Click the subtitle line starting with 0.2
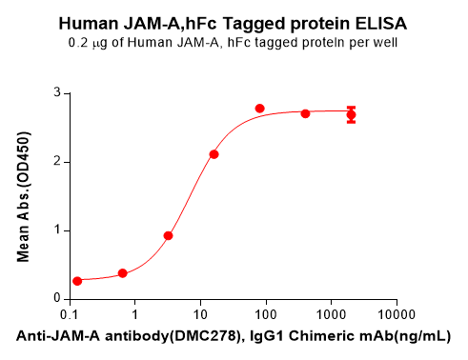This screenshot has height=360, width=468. [234, 44]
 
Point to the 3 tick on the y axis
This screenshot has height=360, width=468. [57, 92]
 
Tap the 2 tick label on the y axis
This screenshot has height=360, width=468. [57, 161]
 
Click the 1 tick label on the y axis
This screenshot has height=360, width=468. [57, 230]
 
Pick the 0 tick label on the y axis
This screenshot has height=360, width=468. [57, 298]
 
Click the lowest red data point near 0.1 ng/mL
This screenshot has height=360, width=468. [77, 281]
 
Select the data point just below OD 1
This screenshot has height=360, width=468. [169, 235]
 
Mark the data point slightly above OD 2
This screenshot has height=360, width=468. [214, 154]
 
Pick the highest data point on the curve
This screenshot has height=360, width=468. [260, 109]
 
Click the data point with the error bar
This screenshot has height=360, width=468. [351, 115]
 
